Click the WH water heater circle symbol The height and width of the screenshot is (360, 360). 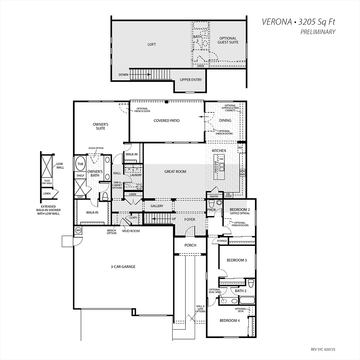point(78,230)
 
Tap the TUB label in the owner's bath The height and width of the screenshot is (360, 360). point(80,164)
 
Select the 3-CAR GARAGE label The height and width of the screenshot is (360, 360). point(123,266)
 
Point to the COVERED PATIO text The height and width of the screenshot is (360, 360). point(166,121)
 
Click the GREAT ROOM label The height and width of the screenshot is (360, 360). point(175,171)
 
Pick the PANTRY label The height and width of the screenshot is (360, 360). point(214,197)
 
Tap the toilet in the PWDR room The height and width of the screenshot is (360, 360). point(212,203)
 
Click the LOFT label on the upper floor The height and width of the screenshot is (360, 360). point(152,44)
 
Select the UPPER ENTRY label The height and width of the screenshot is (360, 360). point(191,80)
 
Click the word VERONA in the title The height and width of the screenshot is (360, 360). point(276,22)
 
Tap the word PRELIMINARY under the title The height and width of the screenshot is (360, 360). point(318,32)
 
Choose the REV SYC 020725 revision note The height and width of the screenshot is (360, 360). point(323,350)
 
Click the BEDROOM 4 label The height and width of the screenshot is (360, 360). point(230,320)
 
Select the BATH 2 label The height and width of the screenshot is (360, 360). point(240,291)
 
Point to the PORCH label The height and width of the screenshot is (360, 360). point(190,245)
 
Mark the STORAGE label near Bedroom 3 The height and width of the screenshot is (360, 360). point(222,241)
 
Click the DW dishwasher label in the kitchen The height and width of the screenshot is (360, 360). point(221,159)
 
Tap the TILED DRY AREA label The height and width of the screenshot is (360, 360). point(47,182)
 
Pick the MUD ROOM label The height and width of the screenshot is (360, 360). point(131,231)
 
